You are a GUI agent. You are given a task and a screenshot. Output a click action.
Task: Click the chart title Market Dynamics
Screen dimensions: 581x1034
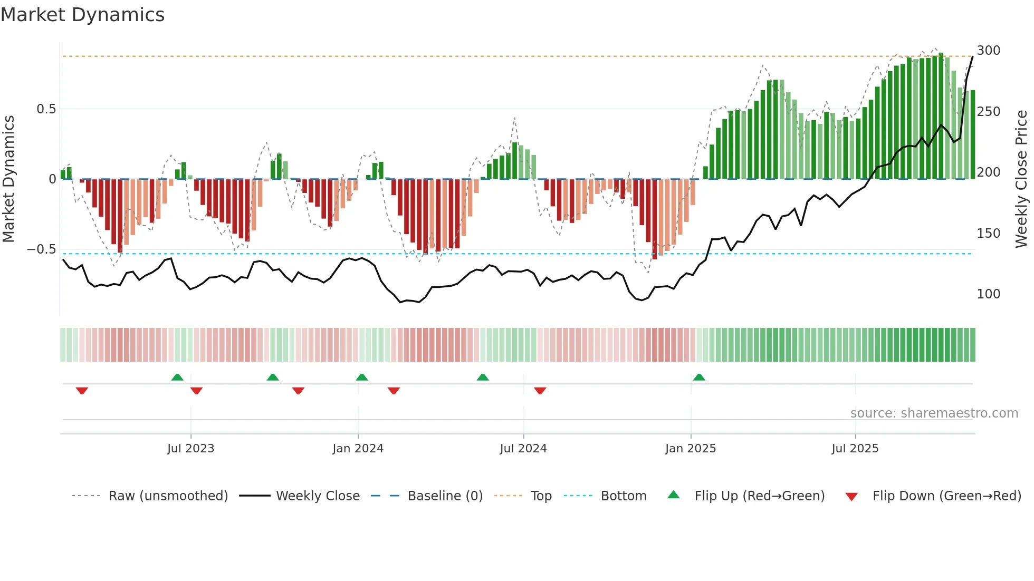click(x=83, y=15)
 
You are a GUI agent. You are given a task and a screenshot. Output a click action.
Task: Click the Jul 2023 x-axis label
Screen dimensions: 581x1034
click(x=190, y=449)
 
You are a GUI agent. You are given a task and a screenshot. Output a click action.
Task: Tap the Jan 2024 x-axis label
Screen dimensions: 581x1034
click(x=358, y=449)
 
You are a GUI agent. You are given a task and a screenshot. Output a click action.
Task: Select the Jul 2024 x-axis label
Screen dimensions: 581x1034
click(x=523, y=449)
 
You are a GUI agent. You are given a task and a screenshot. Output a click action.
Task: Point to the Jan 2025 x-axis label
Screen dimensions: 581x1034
click(x=690, y=449)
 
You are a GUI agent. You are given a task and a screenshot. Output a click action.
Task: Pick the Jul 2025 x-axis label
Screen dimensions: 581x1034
click(x=855, y=449)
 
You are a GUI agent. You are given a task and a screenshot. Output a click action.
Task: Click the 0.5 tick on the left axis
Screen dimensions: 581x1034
click(x=46, y=109)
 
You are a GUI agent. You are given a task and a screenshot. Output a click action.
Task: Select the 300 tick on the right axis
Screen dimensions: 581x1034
click(x=988, y=51)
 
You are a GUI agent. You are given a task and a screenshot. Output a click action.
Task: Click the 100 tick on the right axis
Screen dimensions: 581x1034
click(x=988, y=294)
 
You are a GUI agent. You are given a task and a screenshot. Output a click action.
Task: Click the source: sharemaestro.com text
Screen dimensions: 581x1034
click(x=934, y=413)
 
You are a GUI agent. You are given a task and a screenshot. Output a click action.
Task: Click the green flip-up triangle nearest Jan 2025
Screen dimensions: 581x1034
click(x=699, y=377)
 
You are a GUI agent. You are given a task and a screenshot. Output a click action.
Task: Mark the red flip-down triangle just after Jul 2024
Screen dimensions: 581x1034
click(x=540, y=391)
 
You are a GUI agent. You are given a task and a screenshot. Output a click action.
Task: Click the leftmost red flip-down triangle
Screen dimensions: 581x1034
click(x=82, y=391)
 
